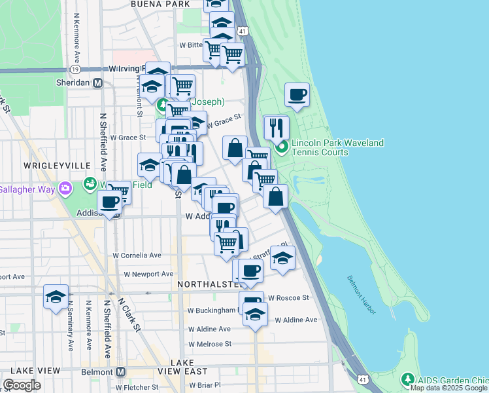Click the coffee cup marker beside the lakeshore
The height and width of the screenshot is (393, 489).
point(297,95)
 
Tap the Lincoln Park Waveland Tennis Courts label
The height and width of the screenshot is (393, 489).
point(337,147)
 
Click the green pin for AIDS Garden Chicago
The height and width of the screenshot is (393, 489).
point(408,379)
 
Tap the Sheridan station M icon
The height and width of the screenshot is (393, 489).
point(98,83)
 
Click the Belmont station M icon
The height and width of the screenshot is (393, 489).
point(120,371)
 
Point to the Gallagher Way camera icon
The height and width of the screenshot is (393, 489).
point(65,189)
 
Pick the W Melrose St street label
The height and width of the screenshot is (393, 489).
point(209,343)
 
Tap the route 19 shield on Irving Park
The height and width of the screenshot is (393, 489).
point(75,69)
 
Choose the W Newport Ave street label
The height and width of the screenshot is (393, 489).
point(148,274)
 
